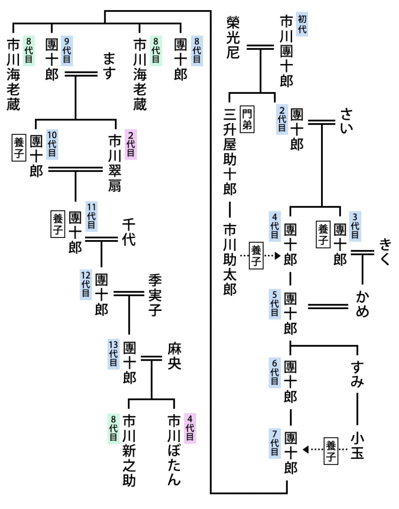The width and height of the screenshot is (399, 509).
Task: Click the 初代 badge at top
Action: (x=302, y=24)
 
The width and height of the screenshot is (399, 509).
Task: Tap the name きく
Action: (x=385, y=251)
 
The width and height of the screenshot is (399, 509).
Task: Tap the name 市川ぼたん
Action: (x=174, y=450)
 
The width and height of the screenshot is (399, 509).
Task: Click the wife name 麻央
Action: (x=174, y=357)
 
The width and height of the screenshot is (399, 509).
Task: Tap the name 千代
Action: (x=129, y=232)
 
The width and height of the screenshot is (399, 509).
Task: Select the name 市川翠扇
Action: (x=114, y=163)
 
